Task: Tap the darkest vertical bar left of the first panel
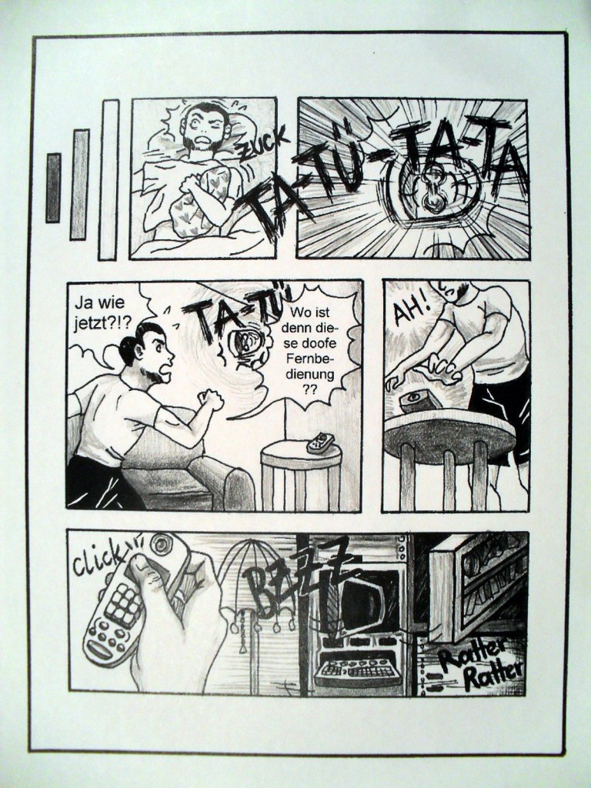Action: point(53,188)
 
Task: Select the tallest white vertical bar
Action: point(108,179)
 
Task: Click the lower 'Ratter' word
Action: point(492,676)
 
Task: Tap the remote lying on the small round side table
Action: point(319,442)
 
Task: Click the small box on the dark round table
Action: point(420,401)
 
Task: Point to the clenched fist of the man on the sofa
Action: point(211,398)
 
